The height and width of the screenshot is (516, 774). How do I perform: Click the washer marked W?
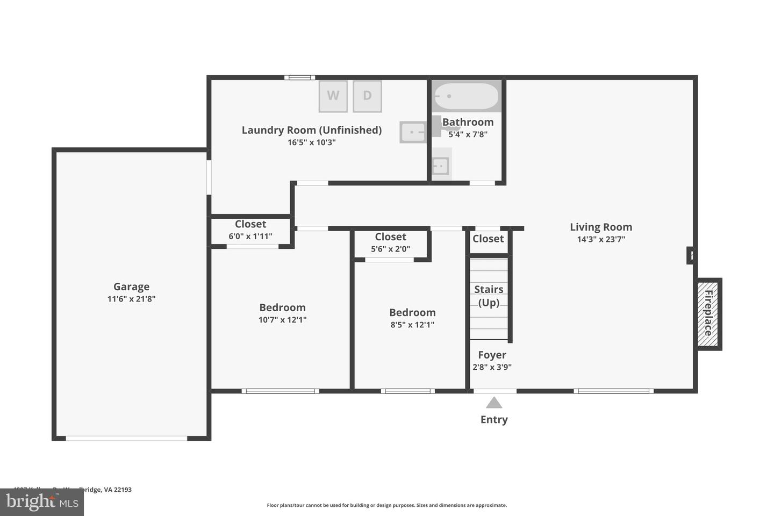click(333, 96)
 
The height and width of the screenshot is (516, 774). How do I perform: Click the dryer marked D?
click(367, 96)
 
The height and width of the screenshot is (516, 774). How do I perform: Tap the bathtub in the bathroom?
click(466, 97)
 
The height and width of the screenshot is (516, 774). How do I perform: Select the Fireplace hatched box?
click(708, 314)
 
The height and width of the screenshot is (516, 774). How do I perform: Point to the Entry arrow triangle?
click(494, 403)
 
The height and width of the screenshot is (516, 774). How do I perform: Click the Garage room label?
click(131, 286)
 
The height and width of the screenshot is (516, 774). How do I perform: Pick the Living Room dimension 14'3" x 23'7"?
click(601, 239)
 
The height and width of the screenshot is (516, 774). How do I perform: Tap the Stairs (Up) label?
click(489, 296)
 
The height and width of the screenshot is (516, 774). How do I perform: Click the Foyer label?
click(492, 355)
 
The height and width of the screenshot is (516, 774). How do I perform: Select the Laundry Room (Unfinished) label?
click(312, 130)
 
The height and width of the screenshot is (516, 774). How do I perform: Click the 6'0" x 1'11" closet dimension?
click(250, 236)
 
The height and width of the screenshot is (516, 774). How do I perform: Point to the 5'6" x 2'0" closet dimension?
click(390, 249)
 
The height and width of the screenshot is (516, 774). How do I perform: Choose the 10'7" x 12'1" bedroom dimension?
click(282, 320)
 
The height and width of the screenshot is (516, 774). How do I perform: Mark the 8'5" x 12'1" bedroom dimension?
click(412, 325)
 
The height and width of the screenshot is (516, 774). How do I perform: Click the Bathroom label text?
click(468, 122)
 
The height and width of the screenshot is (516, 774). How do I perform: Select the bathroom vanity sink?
click(440, 166)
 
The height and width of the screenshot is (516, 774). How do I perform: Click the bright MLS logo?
click(42, 502)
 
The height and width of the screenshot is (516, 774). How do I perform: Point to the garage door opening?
click(126, 439)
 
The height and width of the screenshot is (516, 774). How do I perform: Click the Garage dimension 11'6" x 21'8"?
click(131, 299)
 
